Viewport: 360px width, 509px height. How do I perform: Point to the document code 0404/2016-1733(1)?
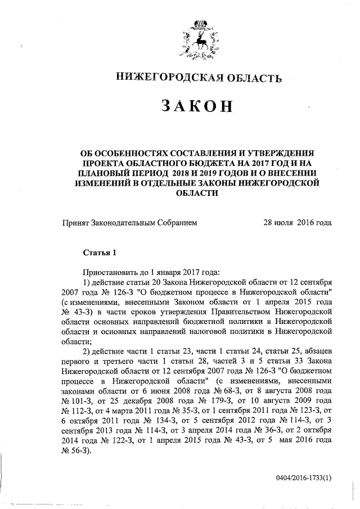point(303,478)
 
